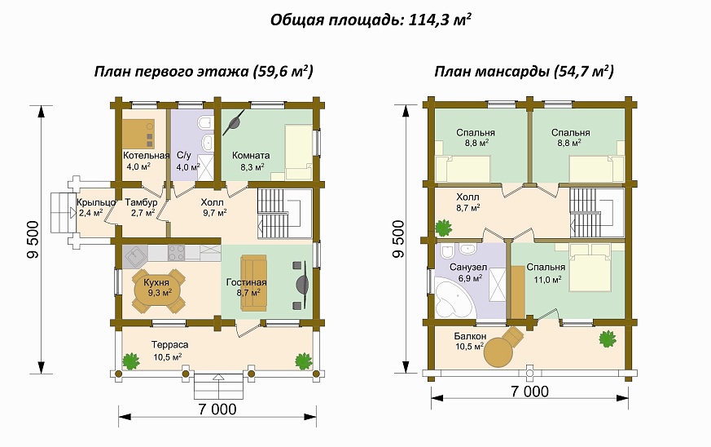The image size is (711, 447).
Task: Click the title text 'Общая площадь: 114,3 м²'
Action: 371,20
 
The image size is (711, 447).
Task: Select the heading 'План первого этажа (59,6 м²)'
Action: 204,72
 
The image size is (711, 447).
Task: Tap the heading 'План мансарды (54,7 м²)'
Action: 524,72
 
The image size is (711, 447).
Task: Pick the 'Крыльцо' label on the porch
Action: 94,202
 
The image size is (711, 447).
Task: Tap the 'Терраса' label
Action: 169,345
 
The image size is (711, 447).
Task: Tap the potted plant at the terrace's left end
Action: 130,359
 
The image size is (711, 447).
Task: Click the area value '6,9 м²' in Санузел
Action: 471,278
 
